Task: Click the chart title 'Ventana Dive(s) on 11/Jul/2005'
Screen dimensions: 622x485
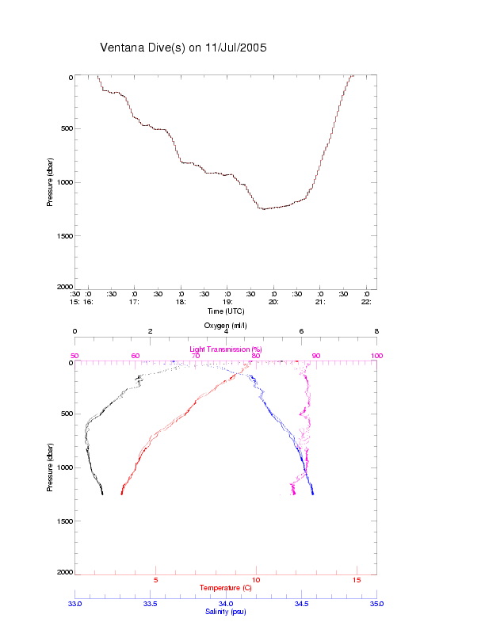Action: (x=183, y=48)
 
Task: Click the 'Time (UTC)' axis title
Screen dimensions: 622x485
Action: (x=226, y=311)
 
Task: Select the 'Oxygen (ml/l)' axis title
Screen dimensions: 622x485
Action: (x=226, y=326)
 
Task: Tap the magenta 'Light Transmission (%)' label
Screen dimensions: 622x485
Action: (x=226, y=349)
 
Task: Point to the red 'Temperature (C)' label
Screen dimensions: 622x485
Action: (x=226, y=588)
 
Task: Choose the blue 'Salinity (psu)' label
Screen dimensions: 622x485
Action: (x=226, y=612)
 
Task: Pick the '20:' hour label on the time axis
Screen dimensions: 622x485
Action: (x=273, y=302)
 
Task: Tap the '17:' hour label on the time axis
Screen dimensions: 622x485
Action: (x=135, y=302)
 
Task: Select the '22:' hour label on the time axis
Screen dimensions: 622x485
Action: (x=366, y=302)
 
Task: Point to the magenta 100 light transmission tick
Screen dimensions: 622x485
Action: (x=376, y=356)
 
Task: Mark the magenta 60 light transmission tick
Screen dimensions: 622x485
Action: (x=136, y=356)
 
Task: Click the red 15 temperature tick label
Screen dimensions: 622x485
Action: (x=356, y=581)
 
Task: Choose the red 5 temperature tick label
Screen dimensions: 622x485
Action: (x=155, y=581)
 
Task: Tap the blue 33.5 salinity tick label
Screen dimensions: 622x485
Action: (x=151, y=604)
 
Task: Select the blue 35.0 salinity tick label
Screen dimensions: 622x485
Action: (x=376, y=604)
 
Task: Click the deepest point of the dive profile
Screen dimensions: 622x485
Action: (x=262, y=208)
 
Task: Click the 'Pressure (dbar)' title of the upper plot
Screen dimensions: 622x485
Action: (x=50, y=182)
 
